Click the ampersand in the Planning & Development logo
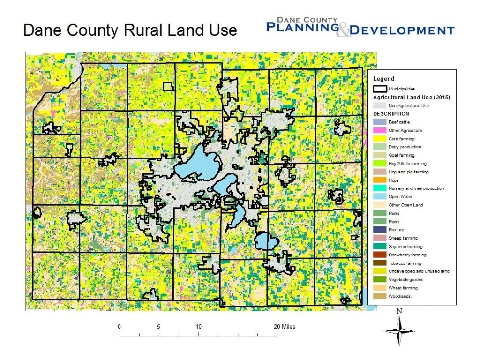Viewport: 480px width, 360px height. (x=344, y=30)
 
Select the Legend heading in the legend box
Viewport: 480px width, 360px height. (x=383, y=79)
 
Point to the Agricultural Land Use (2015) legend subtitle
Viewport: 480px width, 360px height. (x=411, y=97)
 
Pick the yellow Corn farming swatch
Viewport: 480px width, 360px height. (x=379, y=139)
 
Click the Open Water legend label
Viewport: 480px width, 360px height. (x=400, y=197)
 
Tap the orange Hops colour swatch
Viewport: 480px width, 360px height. (x=379, y=180)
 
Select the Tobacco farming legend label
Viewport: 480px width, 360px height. (x=405, y=263)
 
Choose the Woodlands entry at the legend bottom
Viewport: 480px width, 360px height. (x=399, y=296)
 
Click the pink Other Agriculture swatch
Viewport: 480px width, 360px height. (x=379, y=130)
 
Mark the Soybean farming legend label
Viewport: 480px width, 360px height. (x=405, y=247)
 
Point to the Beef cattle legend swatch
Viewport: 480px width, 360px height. (x=379, y=122)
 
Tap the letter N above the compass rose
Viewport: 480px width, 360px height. (x=399, y=311)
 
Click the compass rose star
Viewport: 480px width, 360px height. (x=399, y=331)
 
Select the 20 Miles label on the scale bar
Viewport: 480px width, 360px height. (x=285, y=327)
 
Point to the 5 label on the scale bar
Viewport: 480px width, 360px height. (x=159, y=327)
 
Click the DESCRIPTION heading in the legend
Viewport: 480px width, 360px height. (x=391, y=114)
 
